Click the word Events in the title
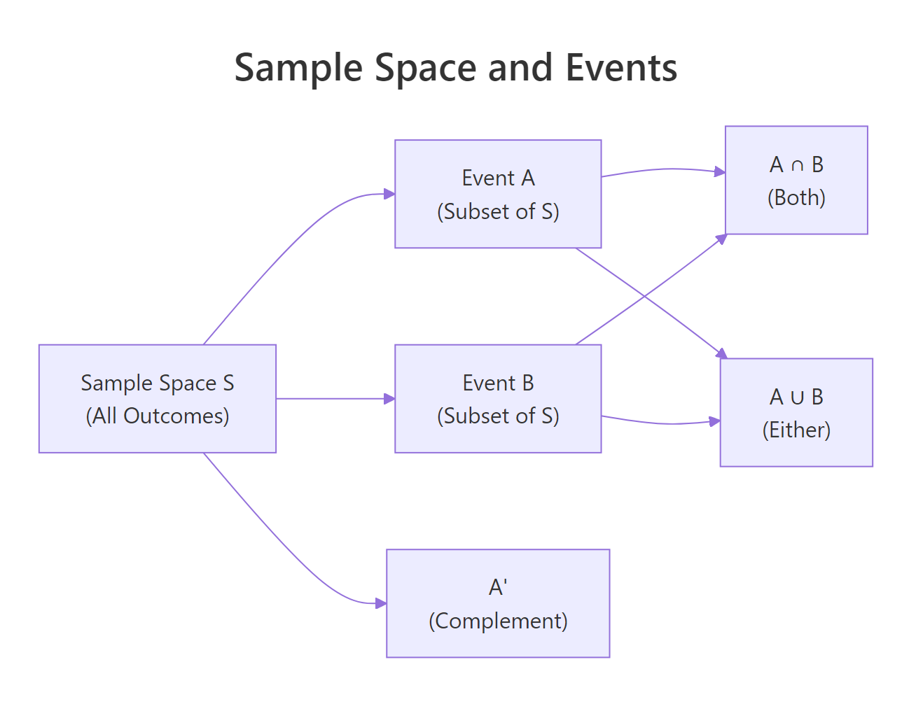coord(621,68)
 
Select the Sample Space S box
coord(158,398)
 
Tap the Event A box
coord(498,194)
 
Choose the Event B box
coord(498,398)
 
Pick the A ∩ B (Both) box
coord(796,180)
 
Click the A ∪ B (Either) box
coord(796,412)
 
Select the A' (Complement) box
coord(498,603)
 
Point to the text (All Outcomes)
coord(158,416)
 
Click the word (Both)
coord(796,197)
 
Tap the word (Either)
coord(796,430)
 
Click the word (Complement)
coord(498,621)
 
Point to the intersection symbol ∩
coord(797,165)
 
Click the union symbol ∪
coord(797,397)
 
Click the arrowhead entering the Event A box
coord(389,194)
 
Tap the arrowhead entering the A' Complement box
coord(381,603)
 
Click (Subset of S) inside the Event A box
coord(498,211)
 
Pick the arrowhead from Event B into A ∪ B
coord(714,421)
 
